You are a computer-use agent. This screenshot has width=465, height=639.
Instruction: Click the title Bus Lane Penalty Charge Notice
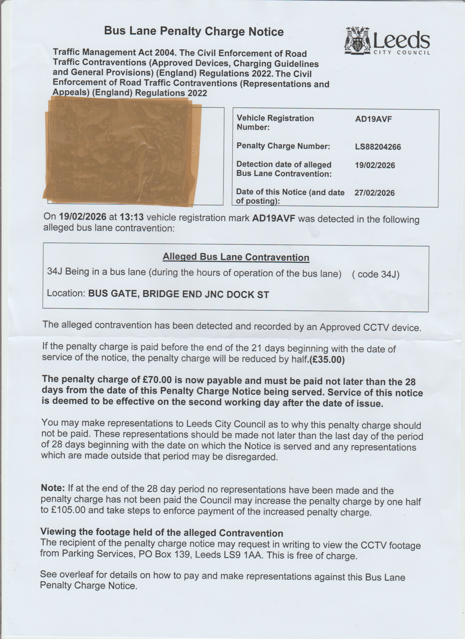tap(194, 32)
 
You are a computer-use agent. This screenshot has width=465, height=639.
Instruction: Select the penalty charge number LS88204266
tap(378, 147)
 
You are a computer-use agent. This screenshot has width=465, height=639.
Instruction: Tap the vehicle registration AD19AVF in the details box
tap(373, 119)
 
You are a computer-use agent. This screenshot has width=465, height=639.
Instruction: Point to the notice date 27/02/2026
tap(374, 193)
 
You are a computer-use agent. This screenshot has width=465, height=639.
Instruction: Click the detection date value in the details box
tap(375, 165)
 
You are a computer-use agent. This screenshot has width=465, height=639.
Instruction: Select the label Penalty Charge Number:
tap(283, 146)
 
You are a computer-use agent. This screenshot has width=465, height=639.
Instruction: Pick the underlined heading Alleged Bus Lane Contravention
tap(236, 257)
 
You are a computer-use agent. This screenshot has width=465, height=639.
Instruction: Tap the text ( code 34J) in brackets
tap(375, 274)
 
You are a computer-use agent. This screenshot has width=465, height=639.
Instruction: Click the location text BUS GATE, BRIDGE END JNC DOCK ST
tap(179, 294)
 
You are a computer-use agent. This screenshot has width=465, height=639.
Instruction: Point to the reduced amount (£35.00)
tap(327, 360)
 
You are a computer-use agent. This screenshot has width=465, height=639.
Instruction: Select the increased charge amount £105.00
tap(68, 511)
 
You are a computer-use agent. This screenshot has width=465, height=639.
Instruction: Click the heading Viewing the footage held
tap(161, 533)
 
